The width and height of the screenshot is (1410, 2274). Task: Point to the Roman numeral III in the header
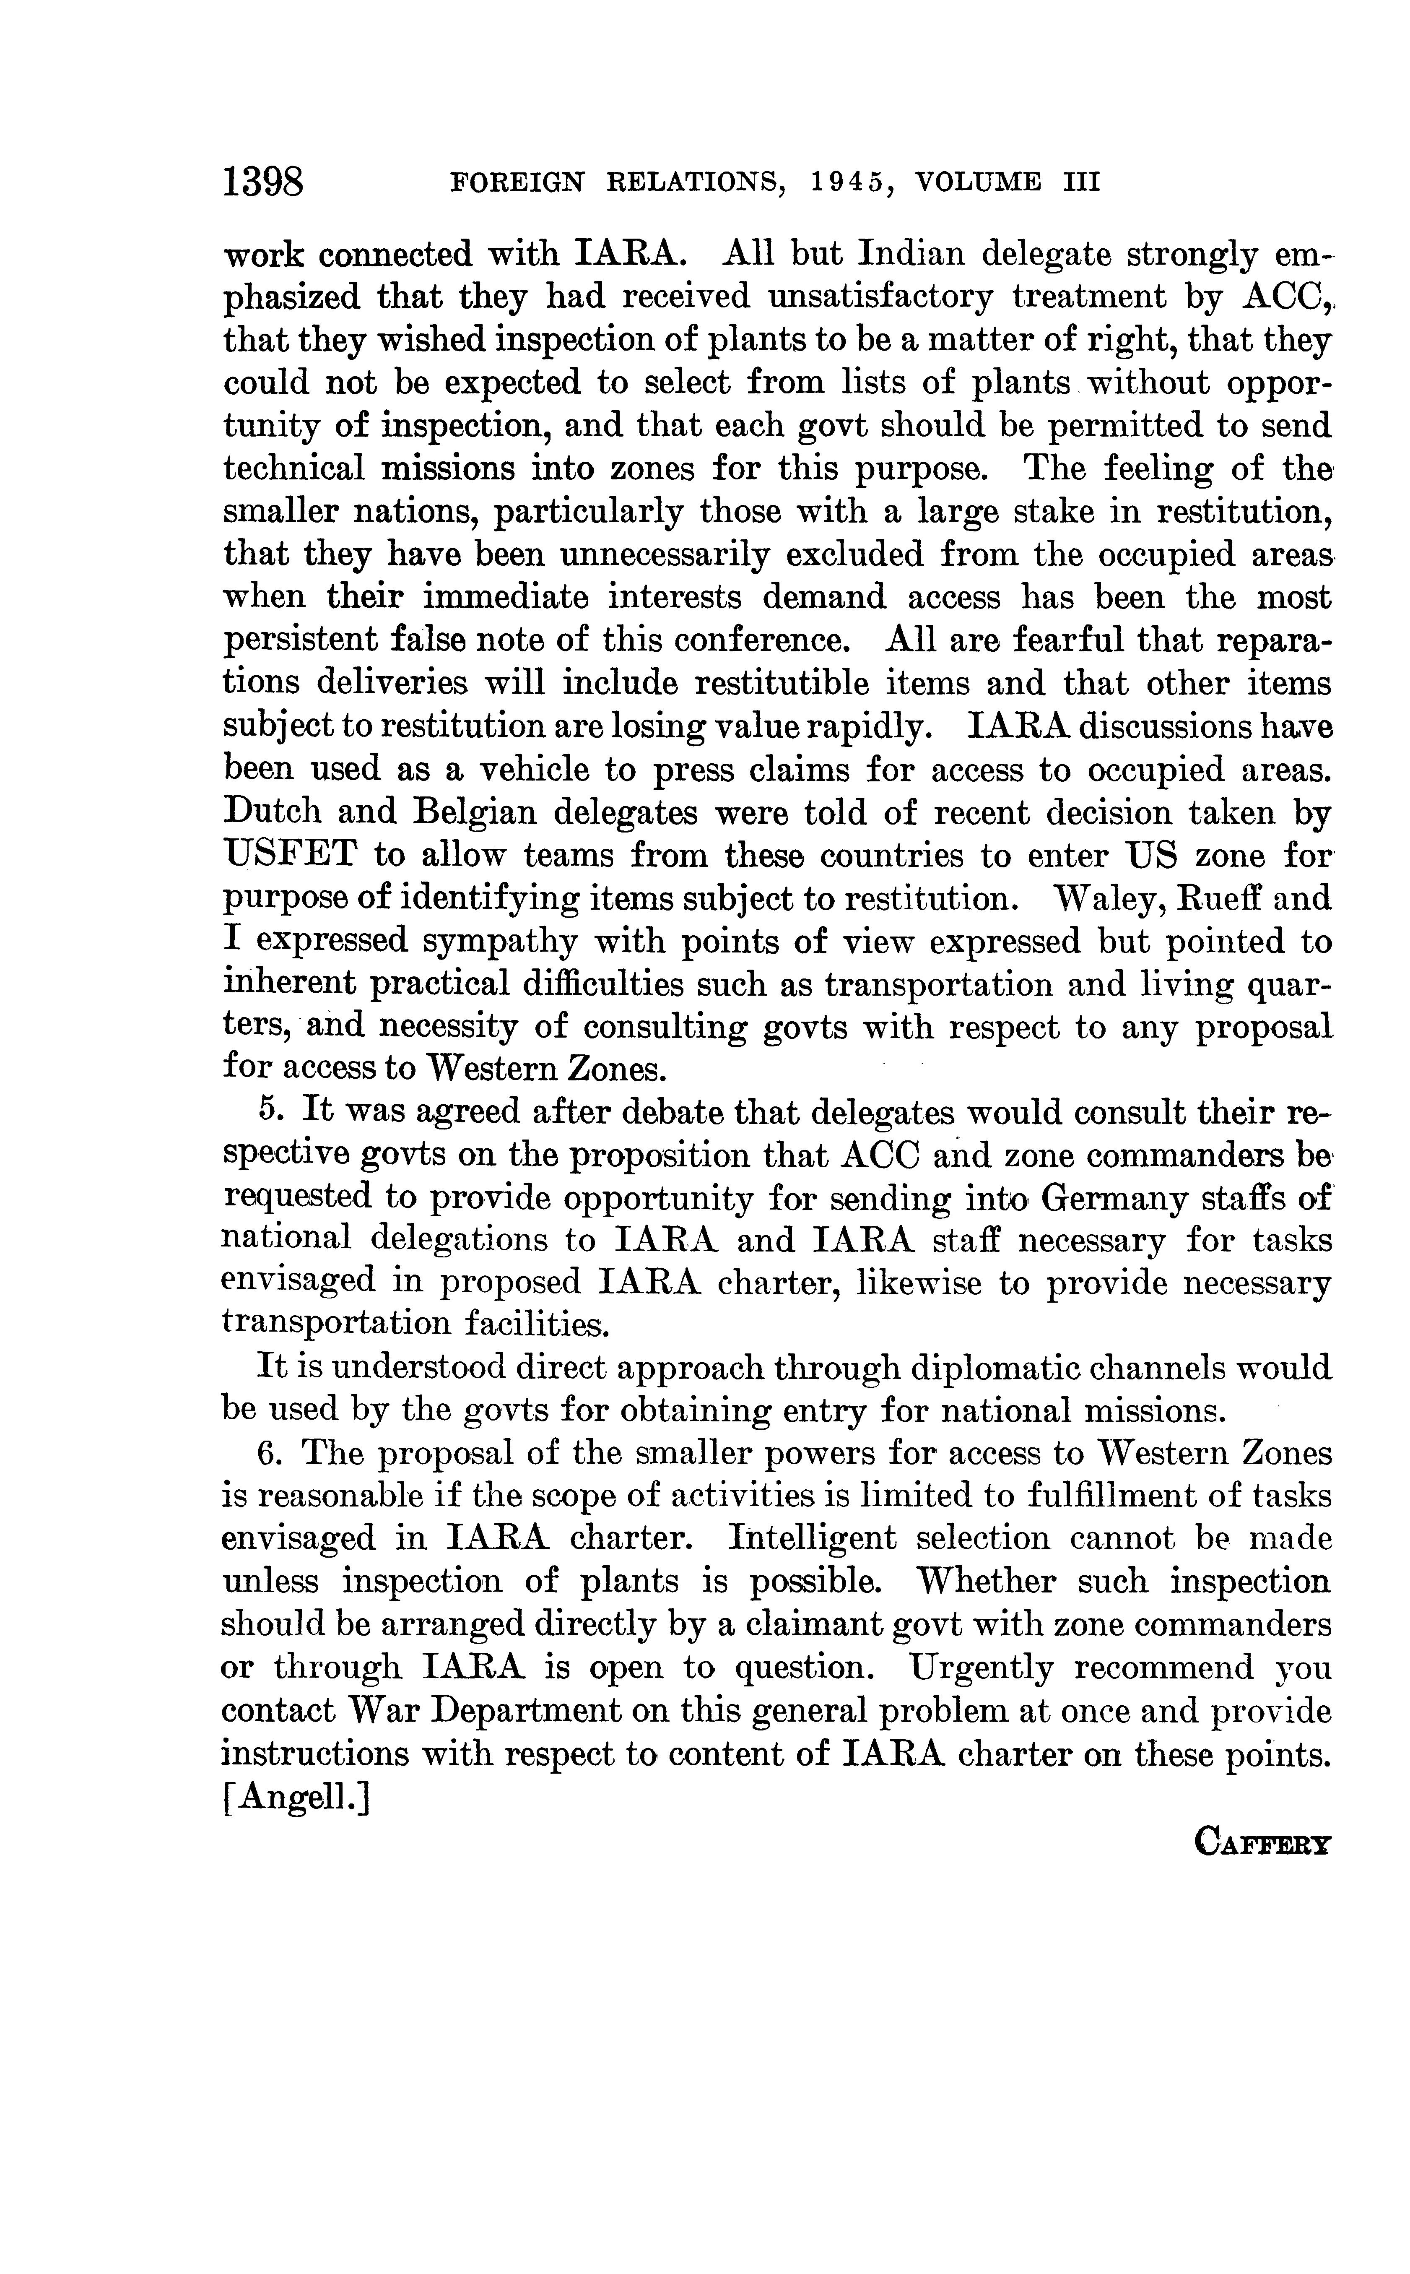(1080, 183)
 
